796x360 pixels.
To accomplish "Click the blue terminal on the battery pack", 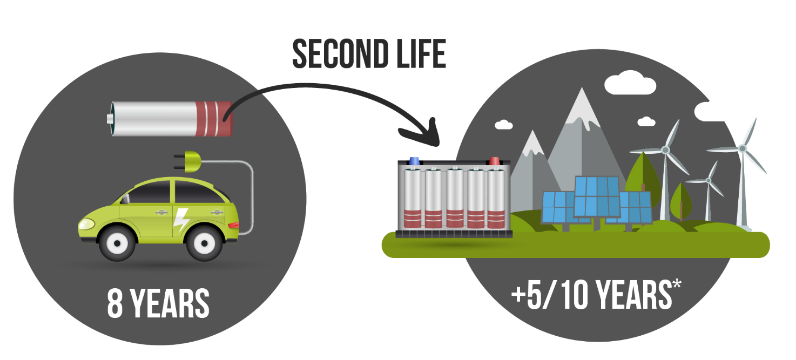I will pos(415,161).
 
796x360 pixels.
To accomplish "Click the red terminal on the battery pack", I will pos(494,161).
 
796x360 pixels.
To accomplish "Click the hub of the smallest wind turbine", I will pos(709,180).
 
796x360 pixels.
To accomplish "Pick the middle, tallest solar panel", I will pos(596,196).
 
